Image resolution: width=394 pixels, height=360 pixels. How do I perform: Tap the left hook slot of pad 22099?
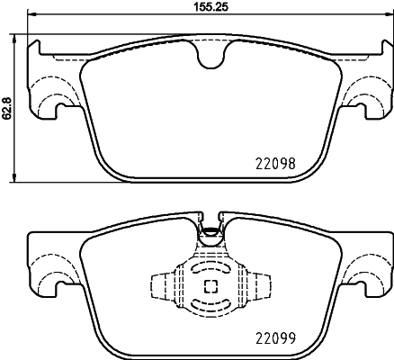(64, 288)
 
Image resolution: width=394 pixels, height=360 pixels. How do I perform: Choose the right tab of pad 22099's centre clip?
(262, 286)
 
